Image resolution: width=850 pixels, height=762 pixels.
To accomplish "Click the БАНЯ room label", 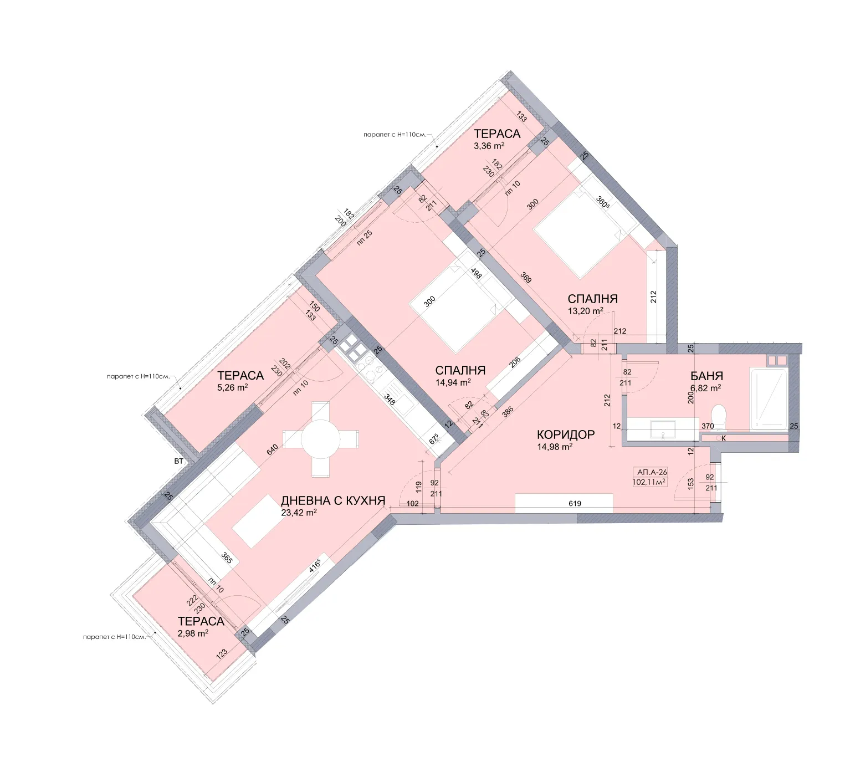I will (x=706, y=376).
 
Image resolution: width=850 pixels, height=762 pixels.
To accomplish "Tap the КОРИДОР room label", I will (x=566, y=434).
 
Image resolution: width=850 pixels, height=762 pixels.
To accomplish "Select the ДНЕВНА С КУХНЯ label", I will (x=333, y=500).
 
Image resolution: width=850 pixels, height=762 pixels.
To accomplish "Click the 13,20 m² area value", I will (x=585, y=311).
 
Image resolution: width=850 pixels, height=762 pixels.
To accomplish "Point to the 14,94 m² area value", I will (x=453, y=382).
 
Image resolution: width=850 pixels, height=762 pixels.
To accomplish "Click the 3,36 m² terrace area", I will (x=489, y=146).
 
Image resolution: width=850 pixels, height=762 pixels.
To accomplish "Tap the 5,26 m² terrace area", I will (x=232, y=388).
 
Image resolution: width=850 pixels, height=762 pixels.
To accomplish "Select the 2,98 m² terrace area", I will (x=193, y=633).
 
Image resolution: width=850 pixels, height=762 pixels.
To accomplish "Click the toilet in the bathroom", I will (x=719, y=416).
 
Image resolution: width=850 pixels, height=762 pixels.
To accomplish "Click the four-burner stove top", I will (x=351, y=347).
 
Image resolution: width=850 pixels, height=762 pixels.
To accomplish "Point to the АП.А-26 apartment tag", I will (x=652, y=472).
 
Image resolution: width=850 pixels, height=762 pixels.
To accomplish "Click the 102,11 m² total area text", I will (x=649, y=482).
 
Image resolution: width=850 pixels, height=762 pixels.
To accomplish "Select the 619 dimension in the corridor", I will (x=575, y=504).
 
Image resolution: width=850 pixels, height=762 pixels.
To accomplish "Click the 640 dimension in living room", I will (x=272, y=450).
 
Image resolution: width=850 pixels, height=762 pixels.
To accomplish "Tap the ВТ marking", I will (x=178, y=461).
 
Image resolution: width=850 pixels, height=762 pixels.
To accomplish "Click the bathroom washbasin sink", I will (x=663, y=428).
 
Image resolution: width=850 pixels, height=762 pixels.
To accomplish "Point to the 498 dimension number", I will (x=475, y=273).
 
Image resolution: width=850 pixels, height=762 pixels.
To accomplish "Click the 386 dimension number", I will (x=508, y=411).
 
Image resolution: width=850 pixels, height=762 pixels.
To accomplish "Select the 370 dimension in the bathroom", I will (x=708, y=426).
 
